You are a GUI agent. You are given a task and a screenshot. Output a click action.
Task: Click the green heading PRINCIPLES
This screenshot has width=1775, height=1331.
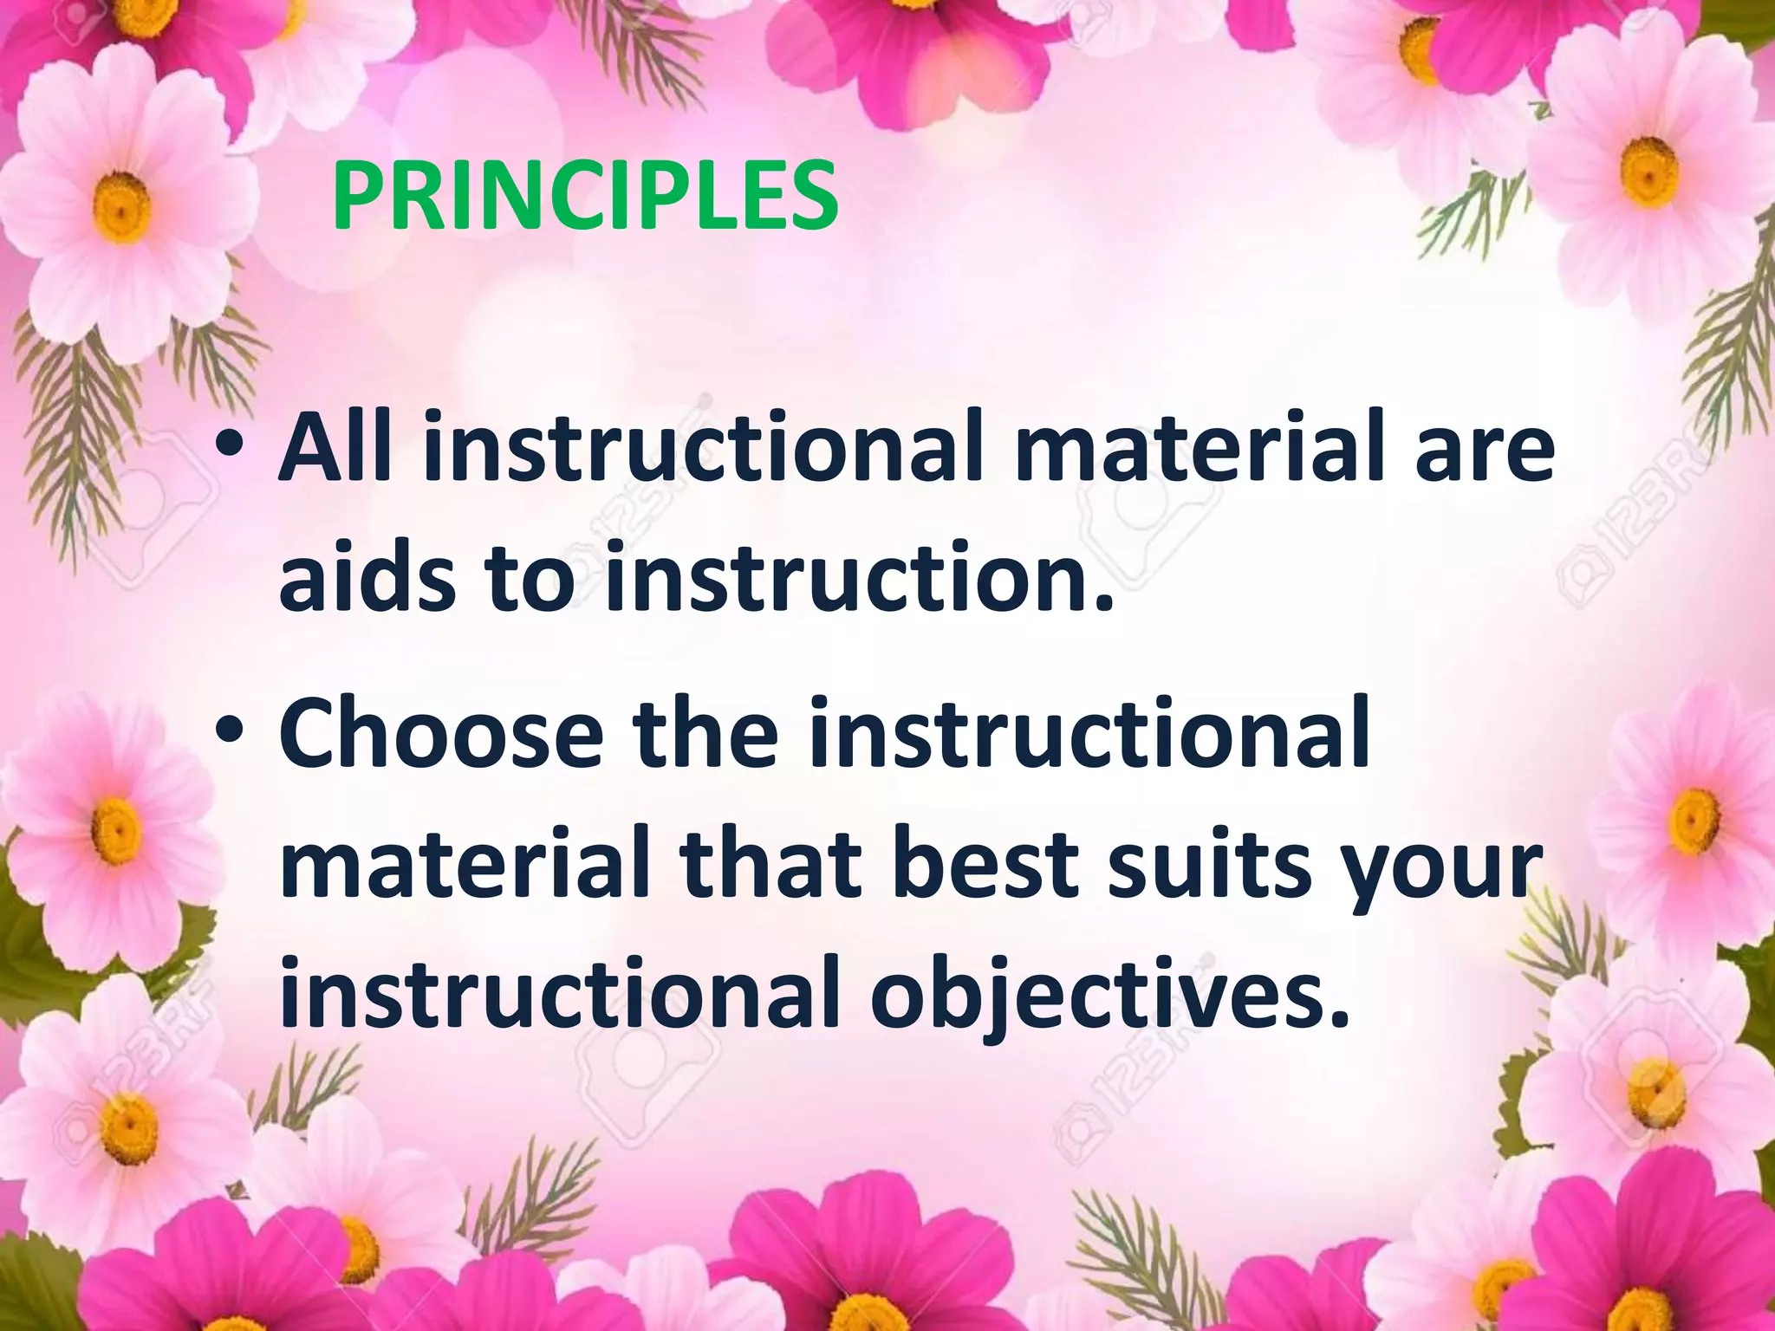point(585,197)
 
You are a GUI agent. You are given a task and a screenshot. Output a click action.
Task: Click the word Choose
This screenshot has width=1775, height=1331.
point(441,736)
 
